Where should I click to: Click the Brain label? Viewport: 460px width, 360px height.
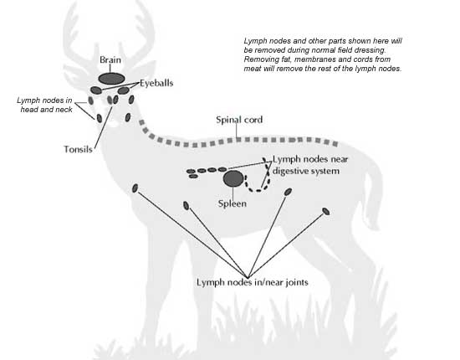click(x=110, y=60)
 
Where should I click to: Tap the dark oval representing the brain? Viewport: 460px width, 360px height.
click(x=111, y=79)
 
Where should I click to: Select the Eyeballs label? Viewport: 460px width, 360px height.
click(x=156, y=83)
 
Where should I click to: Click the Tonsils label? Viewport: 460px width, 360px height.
click(x=78, y=149)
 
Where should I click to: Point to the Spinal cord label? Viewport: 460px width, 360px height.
click(x=239, y=120)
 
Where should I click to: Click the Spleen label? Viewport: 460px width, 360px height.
click(x=232, y=203)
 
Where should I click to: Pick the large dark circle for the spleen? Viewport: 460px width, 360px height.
click(x=233, y=178)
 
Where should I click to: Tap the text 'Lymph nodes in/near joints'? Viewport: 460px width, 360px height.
click(x=253, y=282)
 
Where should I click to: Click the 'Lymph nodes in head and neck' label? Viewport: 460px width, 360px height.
click(x=44, y=105)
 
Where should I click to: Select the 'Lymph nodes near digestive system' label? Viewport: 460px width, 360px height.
click(x=310, y=165)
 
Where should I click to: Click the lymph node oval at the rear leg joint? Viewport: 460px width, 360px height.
click(x=326, y=211)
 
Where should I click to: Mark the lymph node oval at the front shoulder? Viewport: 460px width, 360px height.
click(x=135, y=188)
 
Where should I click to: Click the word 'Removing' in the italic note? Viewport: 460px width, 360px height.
click(x=258, y=59)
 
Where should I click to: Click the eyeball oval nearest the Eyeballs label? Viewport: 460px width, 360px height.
click(x=123, y=90)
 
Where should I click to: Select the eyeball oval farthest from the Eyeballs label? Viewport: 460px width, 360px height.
click(x=96, y=90)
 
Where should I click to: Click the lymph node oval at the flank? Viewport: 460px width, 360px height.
click(x=288, y=192)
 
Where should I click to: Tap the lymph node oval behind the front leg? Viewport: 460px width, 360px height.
click(x=186, y=206)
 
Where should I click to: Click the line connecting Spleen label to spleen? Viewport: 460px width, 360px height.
click(x=233, y=193)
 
